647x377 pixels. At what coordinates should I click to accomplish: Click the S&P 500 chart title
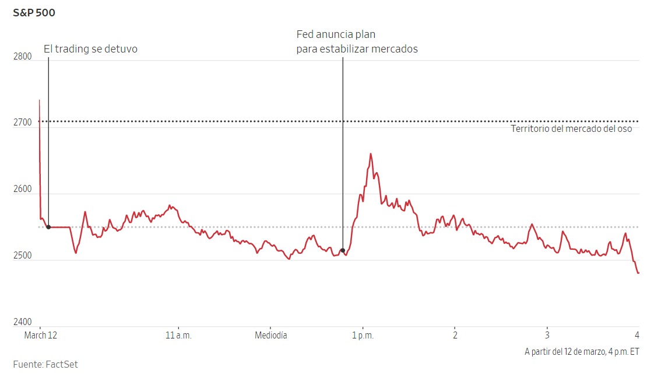pyautogui.click(x=34, y=12)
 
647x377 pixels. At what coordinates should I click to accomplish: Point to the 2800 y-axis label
pyautogui.click(x=22, y=56)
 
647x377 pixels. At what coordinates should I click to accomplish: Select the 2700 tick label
pyautogui.click(x=22, y=123)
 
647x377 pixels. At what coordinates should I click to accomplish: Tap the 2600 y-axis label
pyautogui.click(x=22, y=189)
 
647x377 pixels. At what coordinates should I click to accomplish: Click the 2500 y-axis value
pyautogui.click(x=22, y=256)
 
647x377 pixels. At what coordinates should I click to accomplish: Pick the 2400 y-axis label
pyautogui.click(x=22, y=322)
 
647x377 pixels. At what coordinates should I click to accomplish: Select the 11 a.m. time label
pyautogui.click(x=178, y=336)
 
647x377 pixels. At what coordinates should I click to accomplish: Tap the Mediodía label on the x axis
pyautogui.click(x=271, y=336)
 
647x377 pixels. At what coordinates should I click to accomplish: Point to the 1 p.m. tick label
pyautogui.click(x=363, y=336)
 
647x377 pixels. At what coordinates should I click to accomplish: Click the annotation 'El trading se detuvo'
pyautogui.click(x=90, y=49)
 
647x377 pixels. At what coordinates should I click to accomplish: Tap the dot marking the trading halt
pyautogui.click(x=48, y=227)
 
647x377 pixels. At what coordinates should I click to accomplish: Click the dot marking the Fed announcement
pyautogui.click(x=343, y=250)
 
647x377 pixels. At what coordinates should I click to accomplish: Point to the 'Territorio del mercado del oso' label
pyautogui.click(x=571, y=129)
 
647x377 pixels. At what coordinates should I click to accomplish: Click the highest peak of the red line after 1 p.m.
pyautogui.click(x=371, y=154)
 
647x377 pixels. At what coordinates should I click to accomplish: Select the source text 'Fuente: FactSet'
pyautogui.click(x=45, y=365)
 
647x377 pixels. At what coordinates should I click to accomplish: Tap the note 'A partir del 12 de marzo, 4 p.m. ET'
pyautogui.click(x=582, y=351)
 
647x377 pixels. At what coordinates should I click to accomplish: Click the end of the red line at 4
pyautogui.click(x=638, y=273)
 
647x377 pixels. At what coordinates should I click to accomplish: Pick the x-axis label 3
pyautogui.click(x=547, y=336)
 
